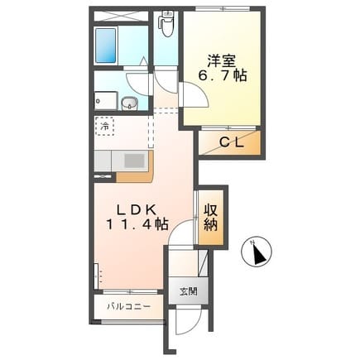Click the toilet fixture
[166, 24]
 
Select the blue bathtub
[105, 46]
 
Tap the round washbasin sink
[129, 103]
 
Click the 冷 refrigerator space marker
[105, 127]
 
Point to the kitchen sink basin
[134, 161]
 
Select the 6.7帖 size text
[223, 75]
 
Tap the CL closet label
[232, 142]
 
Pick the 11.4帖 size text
[137, 224]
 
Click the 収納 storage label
[211, 218]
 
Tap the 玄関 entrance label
[189, 291]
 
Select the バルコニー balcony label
[129, 306]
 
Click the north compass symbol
[257, 252]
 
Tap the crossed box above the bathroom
[122, 16]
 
